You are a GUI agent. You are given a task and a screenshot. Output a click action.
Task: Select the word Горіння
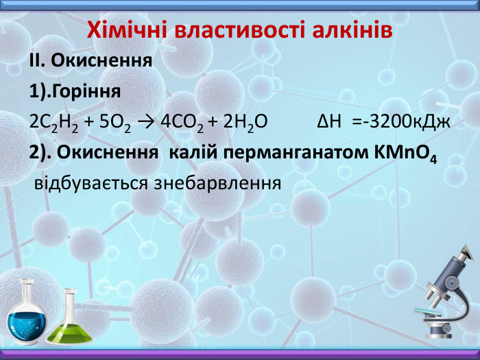point(86,91)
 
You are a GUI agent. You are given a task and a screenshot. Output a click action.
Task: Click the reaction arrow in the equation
point(144,122)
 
